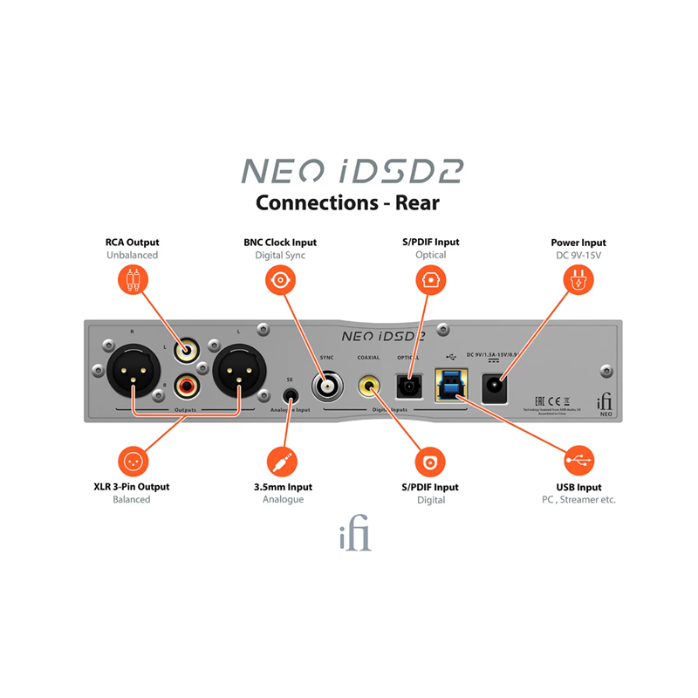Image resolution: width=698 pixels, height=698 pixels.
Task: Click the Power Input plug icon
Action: (578, 280)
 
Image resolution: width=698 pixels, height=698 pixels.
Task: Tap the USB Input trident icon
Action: (578, 460)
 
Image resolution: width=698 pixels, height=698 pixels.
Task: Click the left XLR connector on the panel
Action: (133, 373)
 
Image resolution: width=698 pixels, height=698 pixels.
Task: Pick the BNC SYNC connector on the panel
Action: (328, 383)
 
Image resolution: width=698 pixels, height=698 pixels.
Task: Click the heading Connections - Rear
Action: (347, 202)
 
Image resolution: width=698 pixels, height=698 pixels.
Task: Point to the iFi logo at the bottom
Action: (355, 536)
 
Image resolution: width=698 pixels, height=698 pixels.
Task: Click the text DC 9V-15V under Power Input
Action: (578, 256)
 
